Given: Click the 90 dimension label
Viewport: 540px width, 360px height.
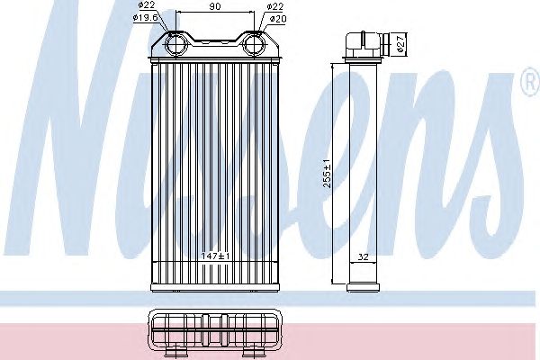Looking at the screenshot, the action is pos(215,6).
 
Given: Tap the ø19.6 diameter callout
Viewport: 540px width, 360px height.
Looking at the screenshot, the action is pos(145,17).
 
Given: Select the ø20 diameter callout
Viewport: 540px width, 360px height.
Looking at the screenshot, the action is pos(278,19).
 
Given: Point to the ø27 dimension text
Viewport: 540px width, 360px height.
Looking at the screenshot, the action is pos(400,44).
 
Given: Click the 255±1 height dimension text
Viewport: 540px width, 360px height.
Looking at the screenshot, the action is pos(327,174).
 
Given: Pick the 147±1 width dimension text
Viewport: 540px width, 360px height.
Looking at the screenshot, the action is pos(215,256).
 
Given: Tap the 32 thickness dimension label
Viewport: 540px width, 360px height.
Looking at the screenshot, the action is pos(364,256).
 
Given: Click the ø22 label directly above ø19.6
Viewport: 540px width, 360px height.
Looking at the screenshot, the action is pos(147,4).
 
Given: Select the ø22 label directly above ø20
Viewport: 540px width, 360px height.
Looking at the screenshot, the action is pos(274,6).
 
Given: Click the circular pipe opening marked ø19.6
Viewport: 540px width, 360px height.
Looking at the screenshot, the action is pos(176,45).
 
